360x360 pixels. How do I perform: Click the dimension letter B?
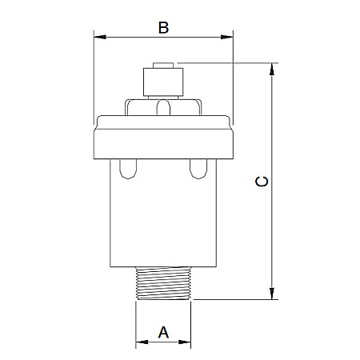163,28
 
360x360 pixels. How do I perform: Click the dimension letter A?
163,332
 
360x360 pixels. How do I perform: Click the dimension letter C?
262,182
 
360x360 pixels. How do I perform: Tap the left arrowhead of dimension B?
100,37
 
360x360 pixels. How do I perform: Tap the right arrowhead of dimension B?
227,37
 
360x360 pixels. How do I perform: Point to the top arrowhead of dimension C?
272,69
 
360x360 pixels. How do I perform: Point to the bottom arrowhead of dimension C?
272,294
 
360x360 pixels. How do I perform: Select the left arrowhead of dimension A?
142,342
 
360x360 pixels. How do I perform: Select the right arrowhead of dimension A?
185,342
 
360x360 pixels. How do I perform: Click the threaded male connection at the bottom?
163,283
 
